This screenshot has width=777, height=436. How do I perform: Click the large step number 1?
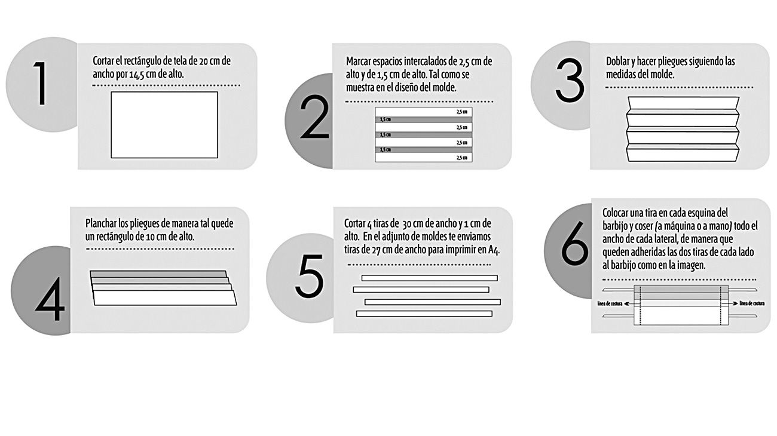pyautogui.click(x=41, y=84)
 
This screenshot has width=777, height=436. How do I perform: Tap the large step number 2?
pyautogui.click(x=314, y=117)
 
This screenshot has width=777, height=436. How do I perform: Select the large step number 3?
pyautogui.click(x=570, y=81)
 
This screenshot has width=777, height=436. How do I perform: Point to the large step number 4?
pyautogui.click(x=50, y=299)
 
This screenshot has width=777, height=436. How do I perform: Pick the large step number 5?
pyautogui.click(x=310, y=277)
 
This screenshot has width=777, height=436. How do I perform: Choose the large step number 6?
pyautogui.click(x=575, y=243)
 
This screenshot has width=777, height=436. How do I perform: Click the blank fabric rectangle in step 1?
pyautogui.click(x=164, y=125)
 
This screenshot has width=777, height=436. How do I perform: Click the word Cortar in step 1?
pyautogui.click(x=103, y=61)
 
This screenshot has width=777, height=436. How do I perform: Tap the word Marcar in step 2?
pyautogui.click(x=358, y=62)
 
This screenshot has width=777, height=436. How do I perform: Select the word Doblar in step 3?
pyautogui.click(x=617, y=62)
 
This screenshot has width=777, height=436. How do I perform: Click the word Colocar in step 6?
pyautogui.click(x=614, y=213)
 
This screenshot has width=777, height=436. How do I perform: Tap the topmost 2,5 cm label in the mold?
pyautogui.click(x=461, y=112)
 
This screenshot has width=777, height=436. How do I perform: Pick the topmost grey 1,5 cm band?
pyautogui.click(x=424, y=119)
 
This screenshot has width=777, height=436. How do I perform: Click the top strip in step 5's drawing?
pyautogui.click(x=429, y=278)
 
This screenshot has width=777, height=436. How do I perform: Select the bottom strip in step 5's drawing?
pyautogui.click(x=424, y=314)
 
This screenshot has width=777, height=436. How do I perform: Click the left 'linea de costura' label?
pyautogui.click(x=610, y=303)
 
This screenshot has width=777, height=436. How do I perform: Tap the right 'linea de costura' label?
pyautogui.click(x=752, y=303)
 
